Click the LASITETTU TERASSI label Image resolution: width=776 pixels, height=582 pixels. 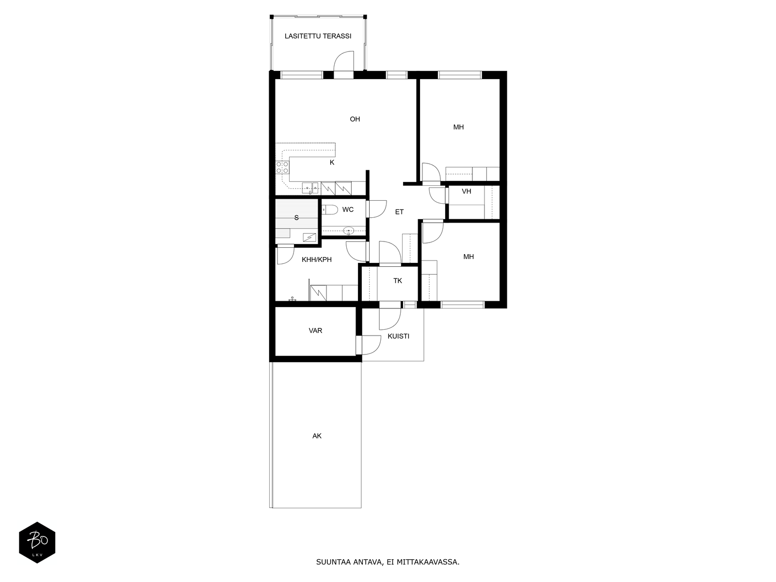[x=318, y=36]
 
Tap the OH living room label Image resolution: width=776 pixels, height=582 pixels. [x=355, y=119]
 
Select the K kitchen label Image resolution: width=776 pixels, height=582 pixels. [x=332, y=162]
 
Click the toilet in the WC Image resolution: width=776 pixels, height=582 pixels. [x=329, y=210]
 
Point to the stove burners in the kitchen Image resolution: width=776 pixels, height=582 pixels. [x=282, y=167]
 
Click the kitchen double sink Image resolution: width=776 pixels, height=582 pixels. [x=310, y=188]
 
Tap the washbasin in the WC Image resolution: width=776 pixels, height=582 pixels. [x=349, y=231]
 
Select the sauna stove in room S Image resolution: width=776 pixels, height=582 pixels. [x=310, y=238]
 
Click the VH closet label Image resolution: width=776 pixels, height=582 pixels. [x=466, y=191]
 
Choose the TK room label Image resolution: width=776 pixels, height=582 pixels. [x=398, y=281]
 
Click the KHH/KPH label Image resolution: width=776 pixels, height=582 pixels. [x=317, y=260]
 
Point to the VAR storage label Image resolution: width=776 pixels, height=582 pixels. [x=315, y=331]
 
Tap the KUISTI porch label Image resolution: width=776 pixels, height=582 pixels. [x=399, y=337]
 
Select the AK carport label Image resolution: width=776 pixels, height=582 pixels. [x=317, y=436]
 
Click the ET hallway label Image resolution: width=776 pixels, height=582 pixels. [x=399, y=212]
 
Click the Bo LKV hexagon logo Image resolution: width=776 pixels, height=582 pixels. [x=37, y=542]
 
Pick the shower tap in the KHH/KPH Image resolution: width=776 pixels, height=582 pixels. [x=292, y=299]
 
